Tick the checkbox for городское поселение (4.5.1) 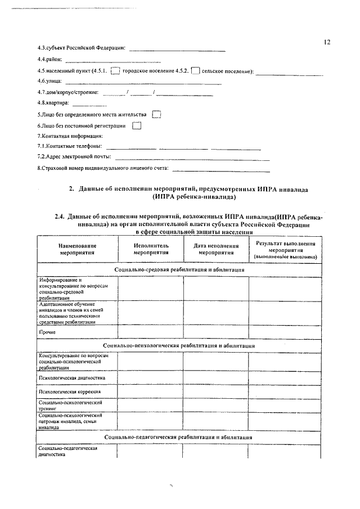click(115, 71)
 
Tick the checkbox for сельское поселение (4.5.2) click(195, 71)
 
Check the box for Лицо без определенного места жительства click(157, 114)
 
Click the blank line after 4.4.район click(113, 61)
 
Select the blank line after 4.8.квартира click(89, 105)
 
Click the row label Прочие click(47, 332)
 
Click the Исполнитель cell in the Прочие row click(150, 332)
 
